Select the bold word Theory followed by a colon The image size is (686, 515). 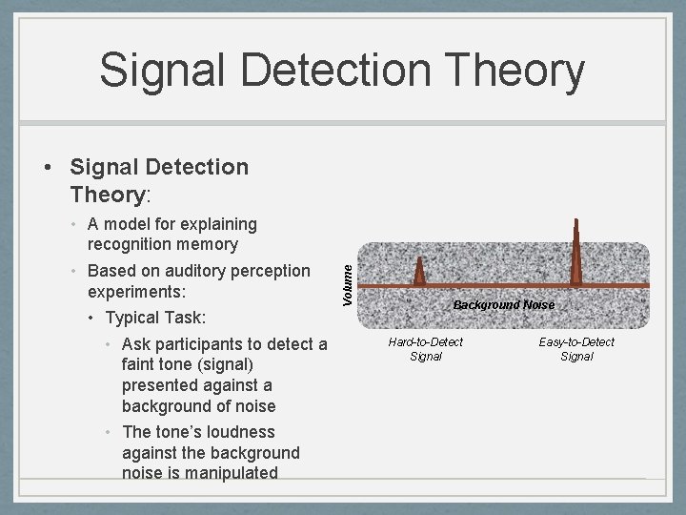coord(106,195)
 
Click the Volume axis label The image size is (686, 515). coord(348,284)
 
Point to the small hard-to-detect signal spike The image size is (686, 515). coord(419,273)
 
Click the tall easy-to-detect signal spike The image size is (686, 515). coord(575,253)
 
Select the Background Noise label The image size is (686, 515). coord(503,305)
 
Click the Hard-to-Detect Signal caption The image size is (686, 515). coord(426,349)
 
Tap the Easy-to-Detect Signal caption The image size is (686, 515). coord(576,349)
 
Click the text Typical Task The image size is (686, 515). coord(155,317)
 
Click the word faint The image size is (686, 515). coord(141,364)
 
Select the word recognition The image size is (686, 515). coord(132,245)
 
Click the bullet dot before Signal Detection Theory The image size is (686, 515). coord(47,168)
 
